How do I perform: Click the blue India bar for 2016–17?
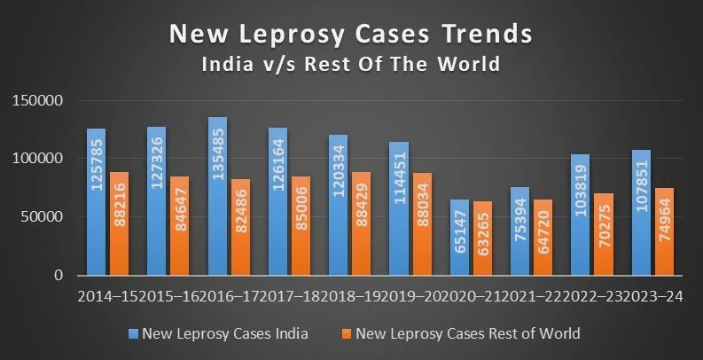pyautogui.click(x=217, y=196)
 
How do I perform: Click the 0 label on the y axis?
pyautogui.click(x=59, y=276)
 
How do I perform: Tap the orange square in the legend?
pyautogui.click(x=348, y=334)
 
